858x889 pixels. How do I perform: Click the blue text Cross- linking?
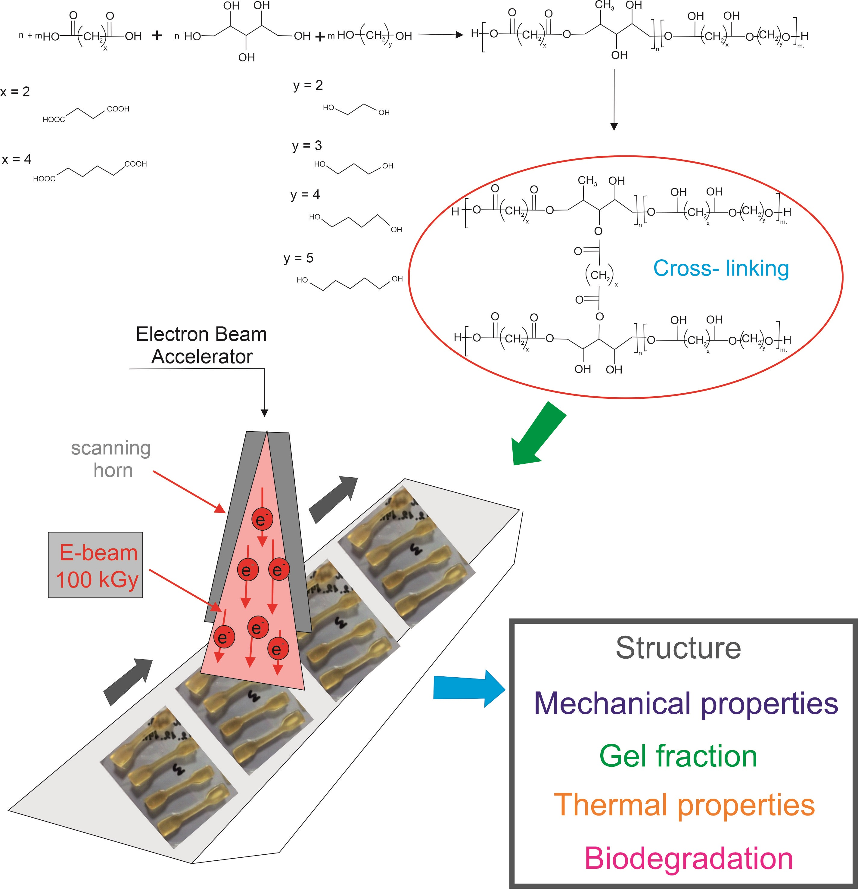pos(721,269)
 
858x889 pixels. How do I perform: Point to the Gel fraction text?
pos(678,756)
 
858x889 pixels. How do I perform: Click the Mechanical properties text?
pos(686,703)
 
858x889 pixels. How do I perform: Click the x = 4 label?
pos(17,159)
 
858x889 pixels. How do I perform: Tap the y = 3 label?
pos(307,145)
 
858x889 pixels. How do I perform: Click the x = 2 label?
pos(15,92)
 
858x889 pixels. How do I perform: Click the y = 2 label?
pos(308,85)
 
